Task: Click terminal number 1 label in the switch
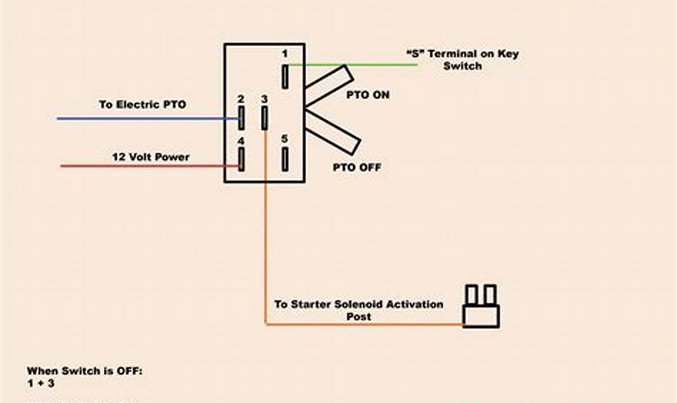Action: pos(284,54)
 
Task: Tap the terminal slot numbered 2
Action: pos(242,118)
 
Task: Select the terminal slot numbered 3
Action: pos(264,118)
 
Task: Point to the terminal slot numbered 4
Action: pos(242,159)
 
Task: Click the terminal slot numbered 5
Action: pos(285,159)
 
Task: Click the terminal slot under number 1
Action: pos(285,76)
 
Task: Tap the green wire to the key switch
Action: pos(371,65)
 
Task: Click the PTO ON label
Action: pos(368,95)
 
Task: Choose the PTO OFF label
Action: pos(357,168)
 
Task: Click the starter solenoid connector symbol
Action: pos(481,308)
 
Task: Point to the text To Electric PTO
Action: pos(142,104)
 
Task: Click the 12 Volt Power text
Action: pos(150,157)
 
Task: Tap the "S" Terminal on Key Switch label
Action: pos(462,60)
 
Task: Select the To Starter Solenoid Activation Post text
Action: pos(359,310)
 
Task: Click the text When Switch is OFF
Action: pos(85,371)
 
